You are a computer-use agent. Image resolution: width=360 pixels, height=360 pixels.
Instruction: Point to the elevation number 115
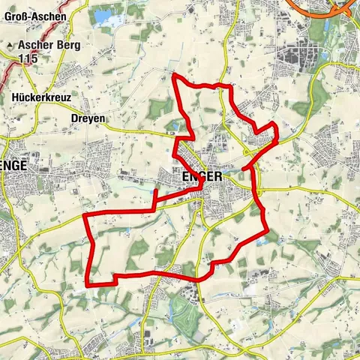coord(31,58)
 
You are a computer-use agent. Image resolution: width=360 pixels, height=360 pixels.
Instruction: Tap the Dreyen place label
coord(88,118)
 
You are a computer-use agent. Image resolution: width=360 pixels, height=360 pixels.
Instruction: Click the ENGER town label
coord(202,175)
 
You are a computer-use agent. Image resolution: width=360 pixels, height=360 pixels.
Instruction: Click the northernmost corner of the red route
coord(174,76)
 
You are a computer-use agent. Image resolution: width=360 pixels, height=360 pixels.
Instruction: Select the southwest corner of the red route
coord(89,285)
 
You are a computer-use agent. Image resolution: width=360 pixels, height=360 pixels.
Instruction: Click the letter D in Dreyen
coord(73,118)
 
